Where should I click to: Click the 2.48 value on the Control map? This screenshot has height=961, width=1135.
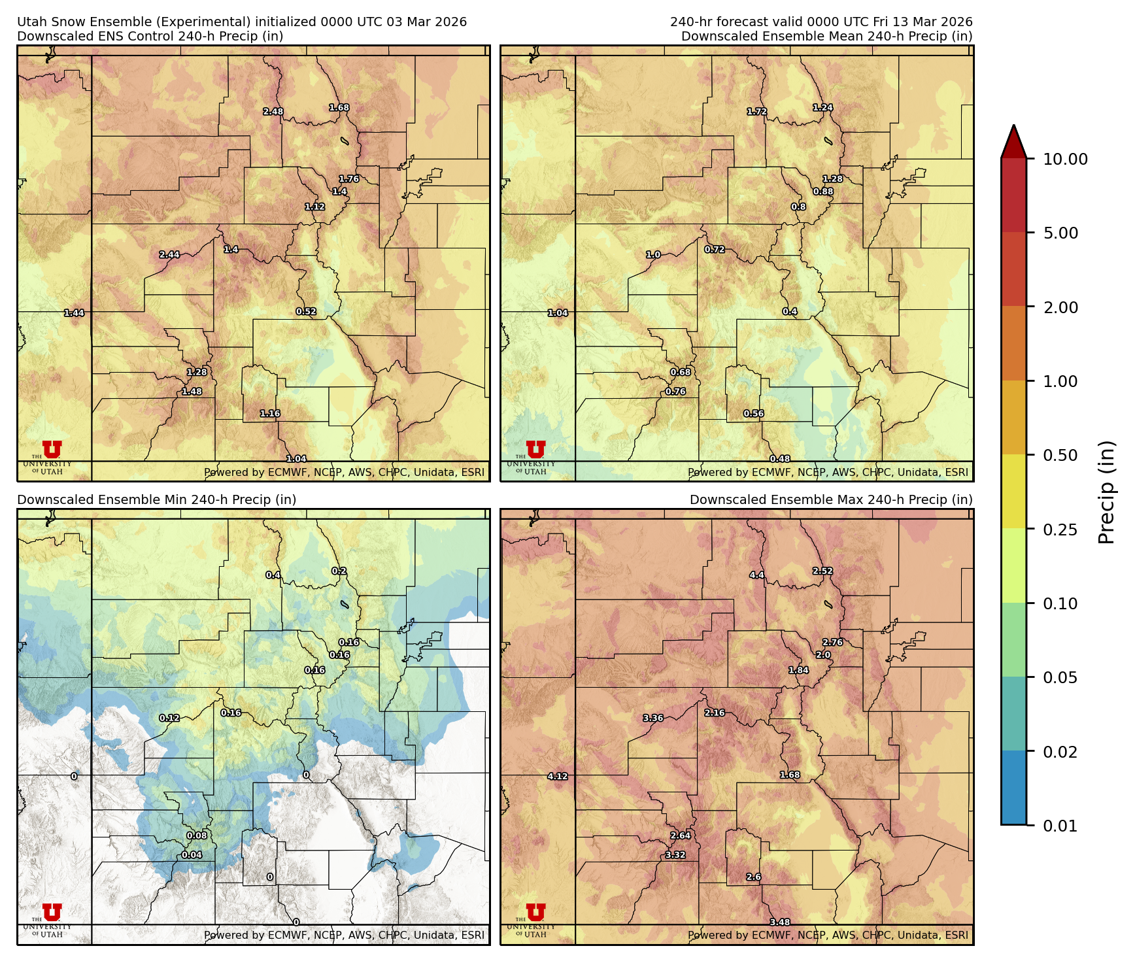(273, 112)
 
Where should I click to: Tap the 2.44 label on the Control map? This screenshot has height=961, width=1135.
(169, 255)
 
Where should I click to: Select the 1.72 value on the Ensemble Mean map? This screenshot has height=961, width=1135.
(757, 112)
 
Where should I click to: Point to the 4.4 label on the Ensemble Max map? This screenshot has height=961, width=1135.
(756, 575)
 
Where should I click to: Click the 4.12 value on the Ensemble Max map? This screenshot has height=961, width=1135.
(558, 777)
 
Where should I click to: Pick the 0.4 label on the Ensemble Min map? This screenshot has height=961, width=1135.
(273, 575)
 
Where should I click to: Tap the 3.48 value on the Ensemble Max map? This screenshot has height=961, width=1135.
(780, 922)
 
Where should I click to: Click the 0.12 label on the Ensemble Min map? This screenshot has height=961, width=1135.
(169, 718)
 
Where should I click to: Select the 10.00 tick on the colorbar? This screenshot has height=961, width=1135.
(1065, 159)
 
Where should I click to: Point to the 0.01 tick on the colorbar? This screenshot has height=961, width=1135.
(1060, 826)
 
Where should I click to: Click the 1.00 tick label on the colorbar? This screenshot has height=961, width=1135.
(1060, 381)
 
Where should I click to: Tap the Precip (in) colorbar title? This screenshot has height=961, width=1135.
(1106, 492)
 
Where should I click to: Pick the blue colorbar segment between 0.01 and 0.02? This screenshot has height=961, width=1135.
(1013, 788)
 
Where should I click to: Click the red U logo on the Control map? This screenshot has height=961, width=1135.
(52, 449)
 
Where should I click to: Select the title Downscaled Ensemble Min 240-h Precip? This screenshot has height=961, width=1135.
(157, 499)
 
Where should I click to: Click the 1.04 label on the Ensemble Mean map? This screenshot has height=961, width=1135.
(558, 313)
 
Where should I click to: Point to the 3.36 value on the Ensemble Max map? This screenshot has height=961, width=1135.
(653, 718)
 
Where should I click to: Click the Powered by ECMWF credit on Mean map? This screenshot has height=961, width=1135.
(828, 472)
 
